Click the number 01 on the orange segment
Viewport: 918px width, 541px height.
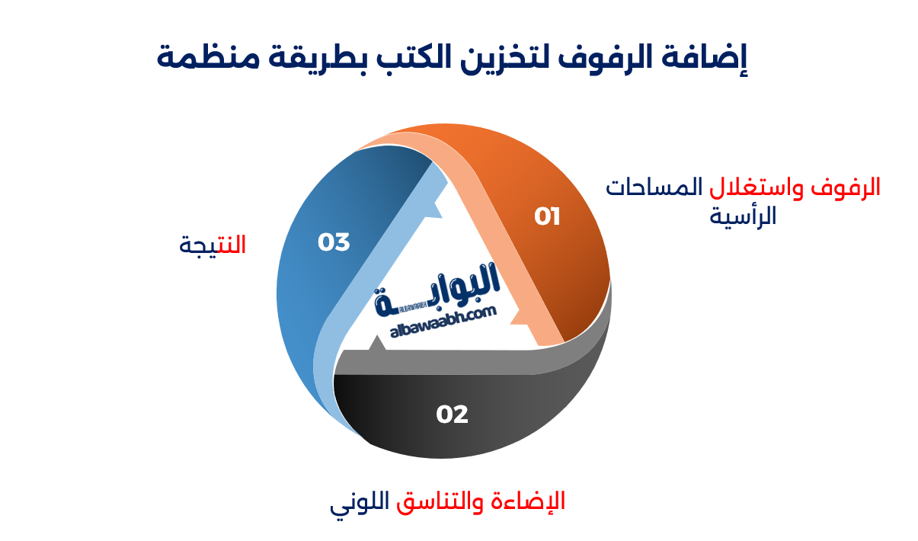(547, 217)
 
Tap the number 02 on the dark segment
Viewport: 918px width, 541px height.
(452, 415)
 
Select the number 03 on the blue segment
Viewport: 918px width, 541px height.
(334, 242)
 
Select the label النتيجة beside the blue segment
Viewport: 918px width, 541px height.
(213, 245)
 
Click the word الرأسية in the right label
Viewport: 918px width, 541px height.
(743, 216)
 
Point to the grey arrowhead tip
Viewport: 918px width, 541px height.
(376, 344)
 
